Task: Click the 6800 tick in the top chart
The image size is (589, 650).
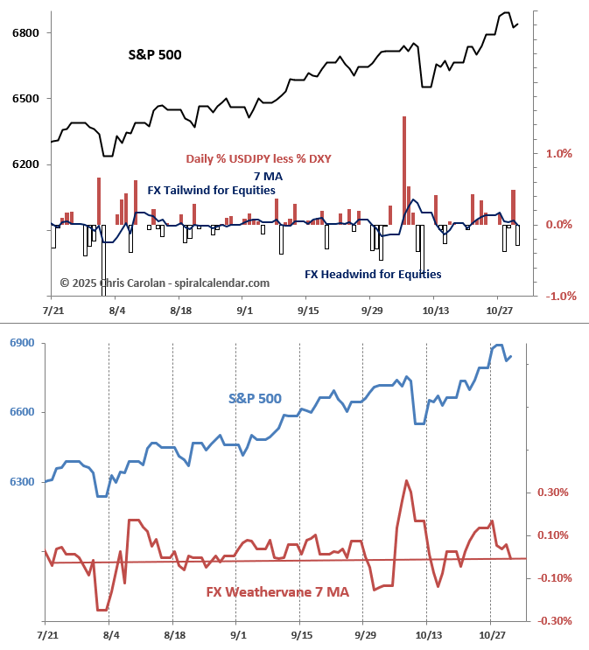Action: [x=26, y=33]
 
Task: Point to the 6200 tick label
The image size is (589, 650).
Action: [x=26, y=164]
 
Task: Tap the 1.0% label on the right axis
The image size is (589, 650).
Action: [x=558, y=153]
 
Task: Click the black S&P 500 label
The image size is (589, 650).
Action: [x=156, y=54]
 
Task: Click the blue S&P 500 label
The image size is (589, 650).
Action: [x=255, y=398]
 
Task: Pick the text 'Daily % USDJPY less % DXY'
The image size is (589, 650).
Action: [x=258, y=158]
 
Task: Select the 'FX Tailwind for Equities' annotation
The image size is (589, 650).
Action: [x=211, y=190]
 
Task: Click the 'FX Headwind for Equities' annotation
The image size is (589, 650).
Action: [x=373, y=274]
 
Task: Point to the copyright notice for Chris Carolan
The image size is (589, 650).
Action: [x=165, y=283]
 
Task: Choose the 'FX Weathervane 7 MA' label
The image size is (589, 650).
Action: [x=277, y=592]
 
